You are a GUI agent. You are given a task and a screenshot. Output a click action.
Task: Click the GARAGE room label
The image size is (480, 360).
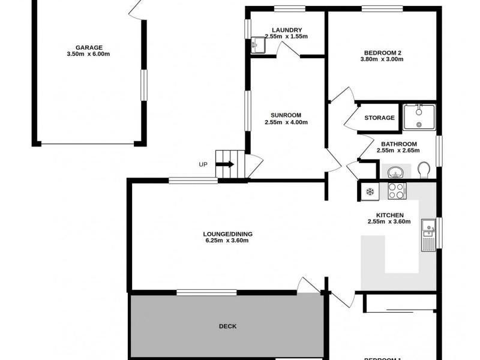click(x=88, y=47)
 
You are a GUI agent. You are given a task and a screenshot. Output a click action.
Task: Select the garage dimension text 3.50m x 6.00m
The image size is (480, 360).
click(x=88, y=54)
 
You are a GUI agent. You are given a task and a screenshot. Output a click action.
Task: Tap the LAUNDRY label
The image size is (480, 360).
click(x=286, y=30)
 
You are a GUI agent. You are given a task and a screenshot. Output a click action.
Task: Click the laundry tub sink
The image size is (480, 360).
click(x=258, y=45)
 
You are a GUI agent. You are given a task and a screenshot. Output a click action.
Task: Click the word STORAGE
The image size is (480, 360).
click(x=379, y=118)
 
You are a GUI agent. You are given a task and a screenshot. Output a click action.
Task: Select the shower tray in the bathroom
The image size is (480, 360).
click(x=419, y=116)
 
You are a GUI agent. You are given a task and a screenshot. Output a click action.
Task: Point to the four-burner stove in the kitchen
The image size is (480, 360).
click(x=397, y=191)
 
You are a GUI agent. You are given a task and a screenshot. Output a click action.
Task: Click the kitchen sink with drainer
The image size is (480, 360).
click(x=428, y=235)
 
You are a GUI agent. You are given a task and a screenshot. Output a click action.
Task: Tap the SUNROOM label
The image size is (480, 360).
click(x=286, y=115)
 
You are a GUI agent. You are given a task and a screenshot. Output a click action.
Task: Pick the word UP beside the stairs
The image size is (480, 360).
click(x=204, y=164)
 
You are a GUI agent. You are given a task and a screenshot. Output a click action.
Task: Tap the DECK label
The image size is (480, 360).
click(x=227, y=326)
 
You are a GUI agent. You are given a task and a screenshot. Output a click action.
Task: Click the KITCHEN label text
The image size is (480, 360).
click(x=389, y=215)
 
